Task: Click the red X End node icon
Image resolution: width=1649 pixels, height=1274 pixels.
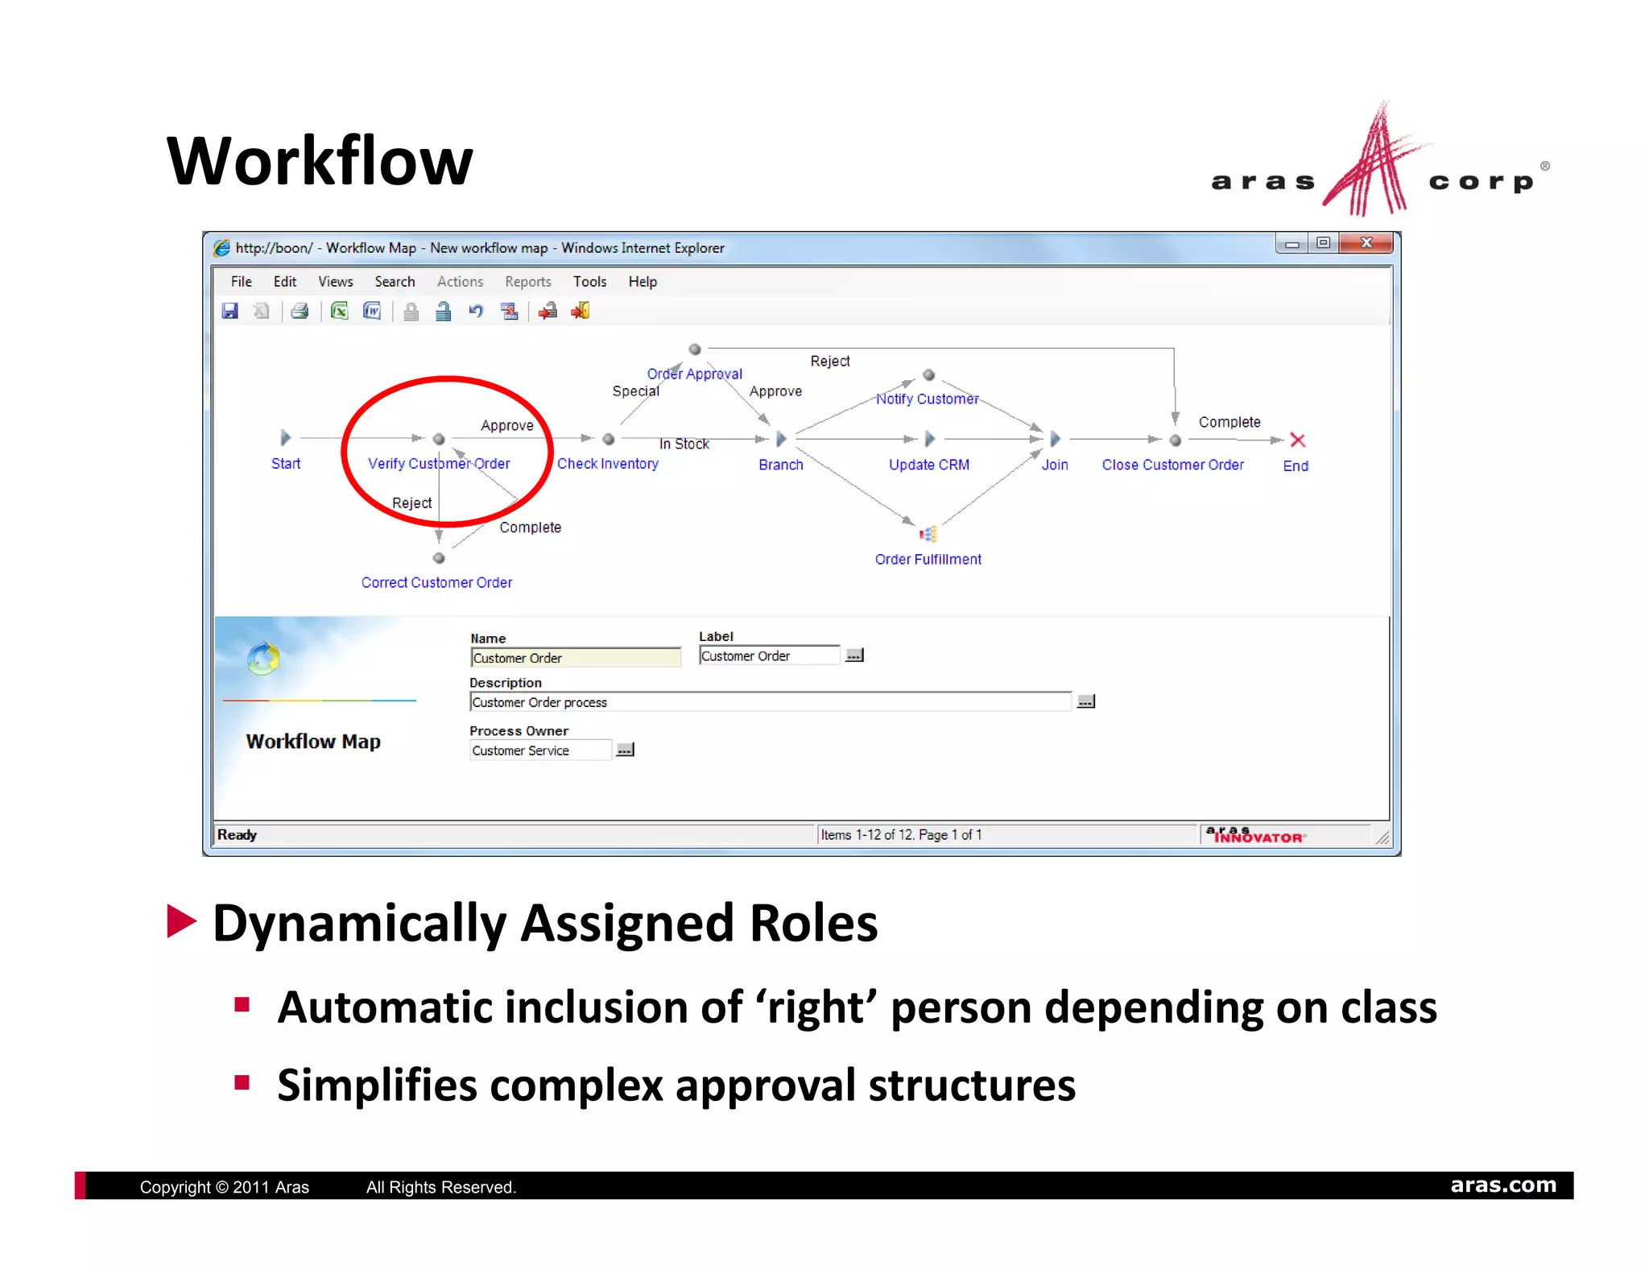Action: (1297, 440)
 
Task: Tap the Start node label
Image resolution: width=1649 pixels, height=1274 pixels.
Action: (286, 464)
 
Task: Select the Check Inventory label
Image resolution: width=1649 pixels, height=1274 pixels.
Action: (608, 464)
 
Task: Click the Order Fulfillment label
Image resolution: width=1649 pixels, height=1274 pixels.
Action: (928, 560)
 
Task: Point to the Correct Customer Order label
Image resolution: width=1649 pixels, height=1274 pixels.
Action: (436, 582)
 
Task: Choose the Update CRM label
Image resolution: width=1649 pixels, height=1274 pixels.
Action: (928, 465)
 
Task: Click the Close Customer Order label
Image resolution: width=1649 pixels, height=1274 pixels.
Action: (1172, 465)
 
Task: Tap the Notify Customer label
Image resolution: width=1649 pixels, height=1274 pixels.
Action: (927, 399)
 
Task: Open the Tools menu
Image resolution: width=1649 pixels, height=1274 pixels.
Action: (589, 282)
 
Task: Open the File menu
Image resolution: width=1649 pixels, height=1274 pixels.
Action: (241, 282)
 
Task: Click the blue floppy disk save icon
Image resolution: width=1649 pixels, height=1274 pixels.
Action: (230, 312)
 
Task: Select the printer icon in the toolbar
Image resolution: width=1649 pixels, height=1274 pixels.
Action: (300, 312)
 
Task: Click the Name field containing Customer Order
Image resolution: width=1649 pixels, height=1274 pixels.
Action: (575, 658)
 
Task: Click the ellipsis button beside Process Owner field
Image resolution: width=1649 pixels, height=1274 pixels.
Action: (625, 750)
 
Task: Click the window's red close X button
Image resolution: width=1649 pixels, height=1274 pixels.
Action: (1366, 243)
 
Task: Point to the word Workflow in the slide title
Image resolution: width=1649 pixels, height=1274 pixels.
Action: (320, 161)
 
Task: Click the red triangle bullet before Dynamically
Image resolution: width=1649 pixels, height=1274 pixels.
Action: (181, 921)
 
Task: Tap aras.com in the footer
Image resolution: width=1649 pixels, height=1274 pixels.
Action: (1502, 1185)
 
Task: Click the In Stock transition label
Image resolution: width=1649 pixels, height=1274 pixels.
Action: (684, 444)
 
